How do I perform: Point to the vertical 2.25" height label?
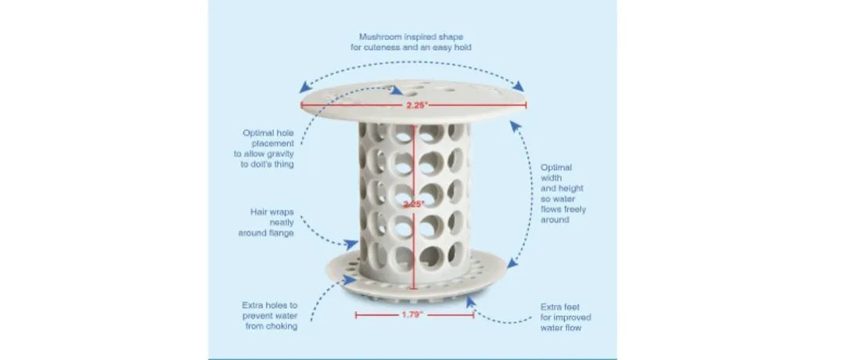tap(414, 204)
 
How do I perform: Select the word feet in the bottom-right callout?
tap(572, 306)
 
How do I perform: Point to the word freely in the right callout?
tap(575, 209)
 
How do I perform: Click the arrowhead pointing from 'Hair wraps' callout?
tap(351, 244)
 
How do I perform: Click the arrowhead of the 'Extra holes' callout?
tap(351, 280)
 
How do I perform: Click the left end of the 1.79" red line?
tap(356, 315)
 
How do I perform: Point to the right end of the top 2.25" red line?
tap(526, 104)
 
